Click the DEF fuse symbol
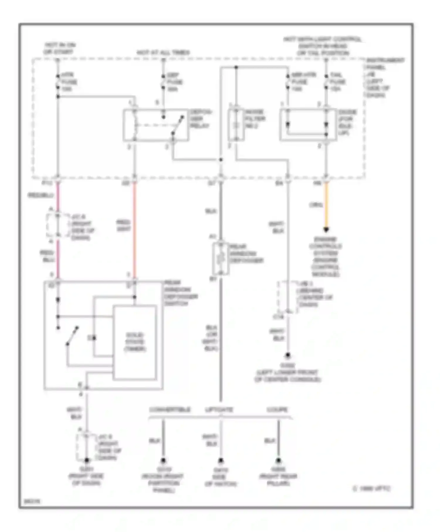(x=163, y=82)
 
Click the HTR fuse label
(x=69, y=82)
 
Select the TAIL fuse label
(x=337, y=82)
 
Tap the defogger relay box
(x=156, y=125)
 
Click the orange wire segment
(x=326, y=205)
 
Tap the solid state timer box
(x=135, y=342)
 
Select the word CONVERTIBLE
(x=170, y=409)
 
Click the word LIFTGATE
(x=219, y=409)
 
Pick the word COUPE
(x=277, y=409)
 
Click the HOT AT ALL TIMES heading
(x=163, y=53)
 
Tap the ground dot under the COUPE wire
(x=278, y=460)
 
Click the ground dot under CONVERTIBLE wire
(x=163, y=460)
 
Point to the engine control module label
(x=326, y=257)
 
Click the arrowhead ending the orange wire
(x=326, y=230)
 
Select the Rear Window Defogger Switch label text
(x=180, y=293)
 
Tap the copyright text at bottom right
(x=371, y=489)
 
